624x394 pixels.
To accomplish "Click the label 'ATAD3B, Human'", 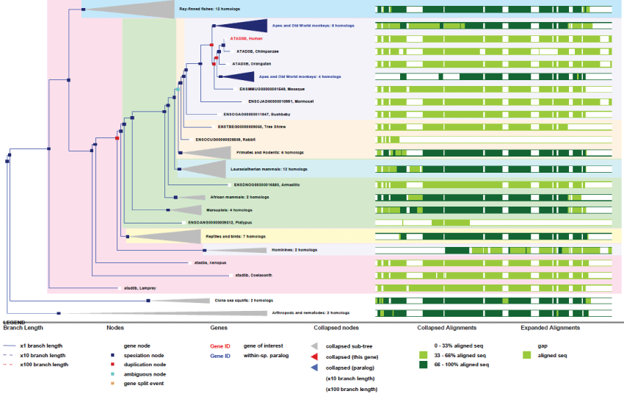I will point(246,38).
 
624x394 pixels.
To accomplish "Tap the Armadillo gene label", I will point(266,185).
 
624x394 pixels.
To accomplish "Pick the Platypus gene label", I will point(219,222).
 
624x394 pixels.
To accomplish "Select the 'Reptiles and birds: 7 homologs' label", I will point(234,237).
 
